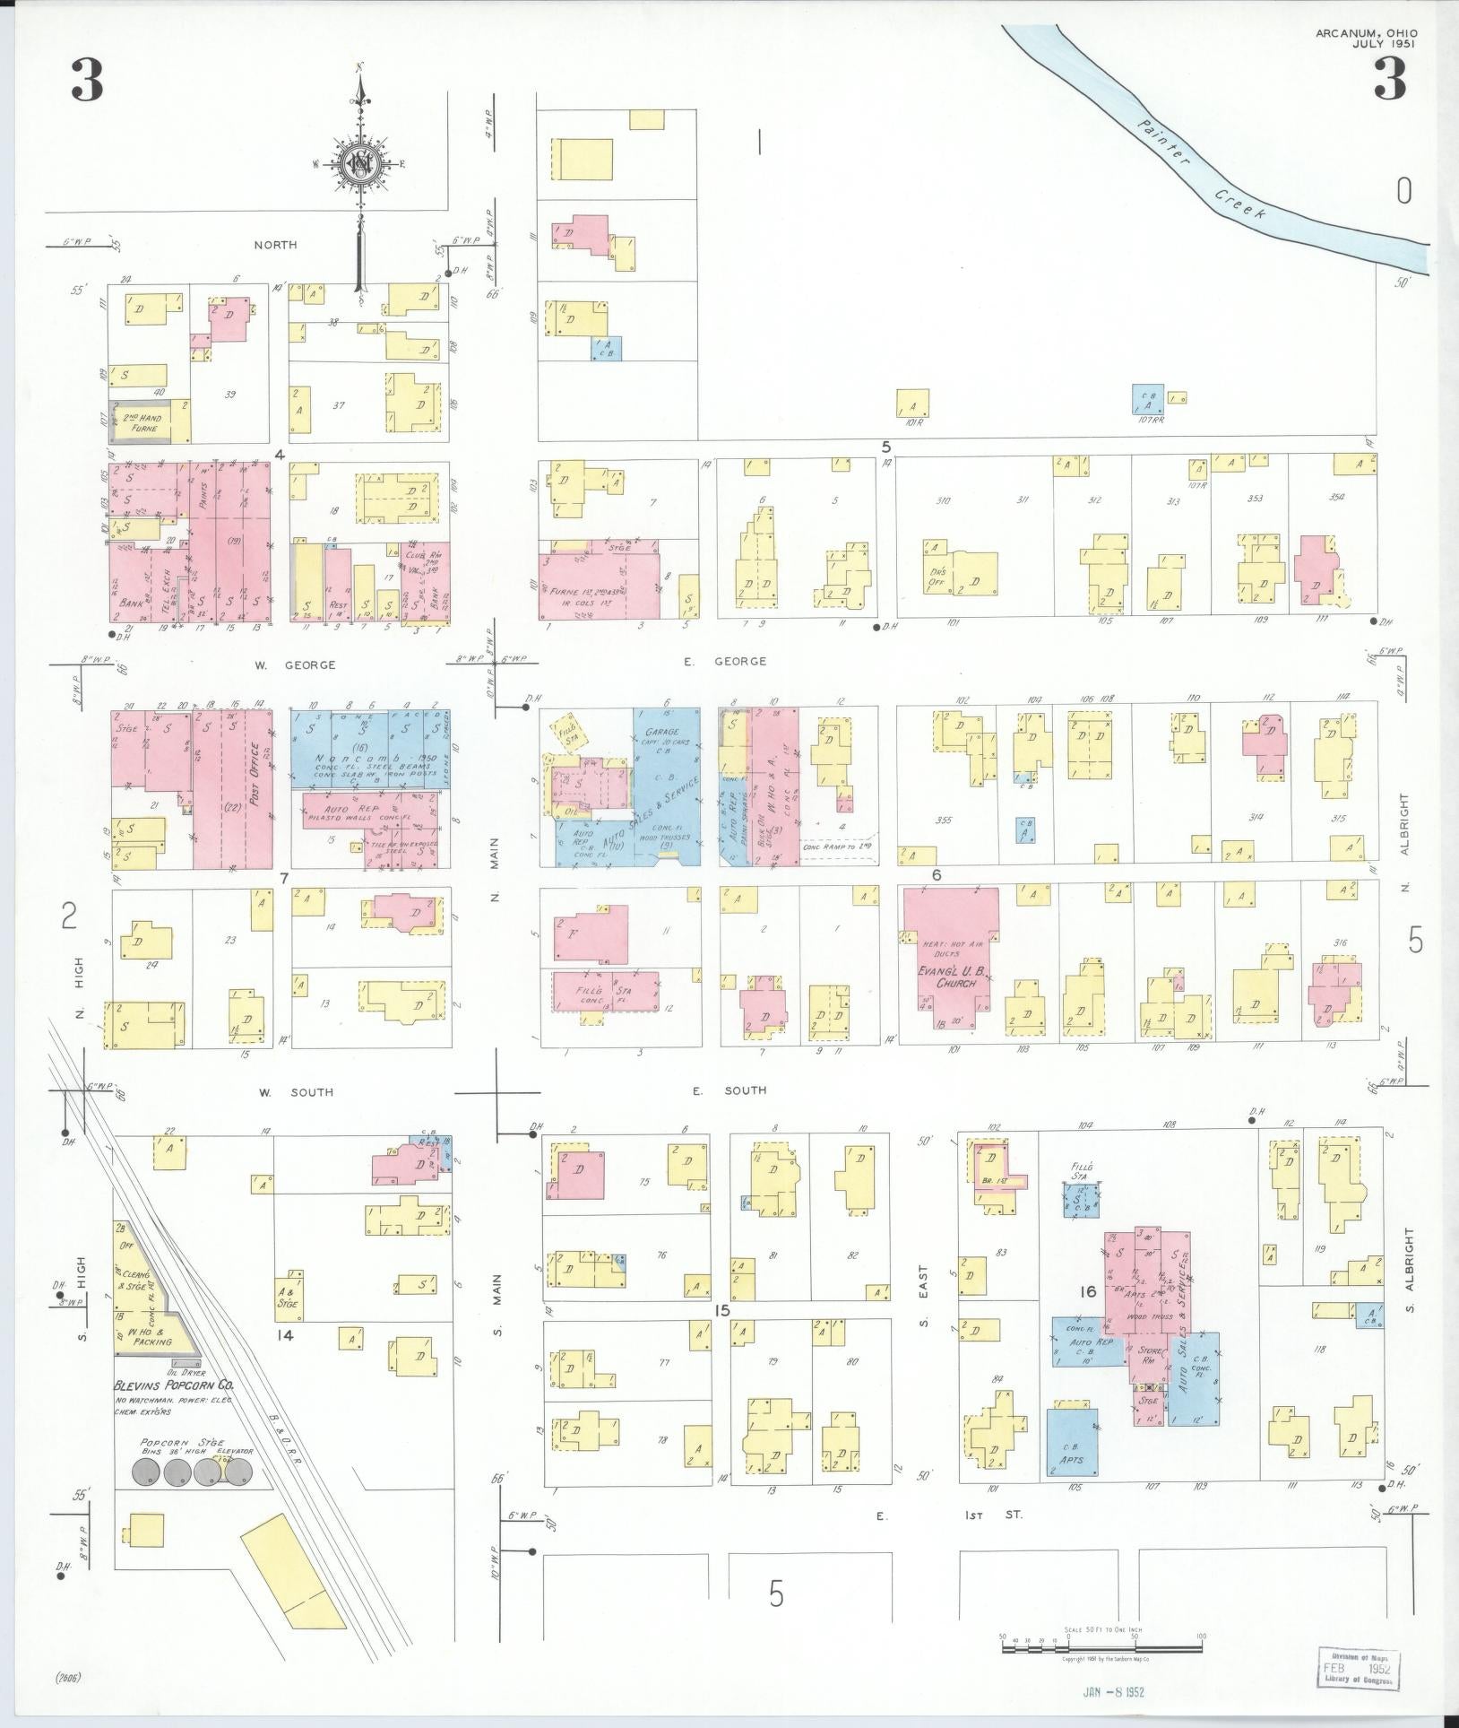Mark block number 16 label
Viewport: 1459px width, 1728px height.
1088,1292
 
